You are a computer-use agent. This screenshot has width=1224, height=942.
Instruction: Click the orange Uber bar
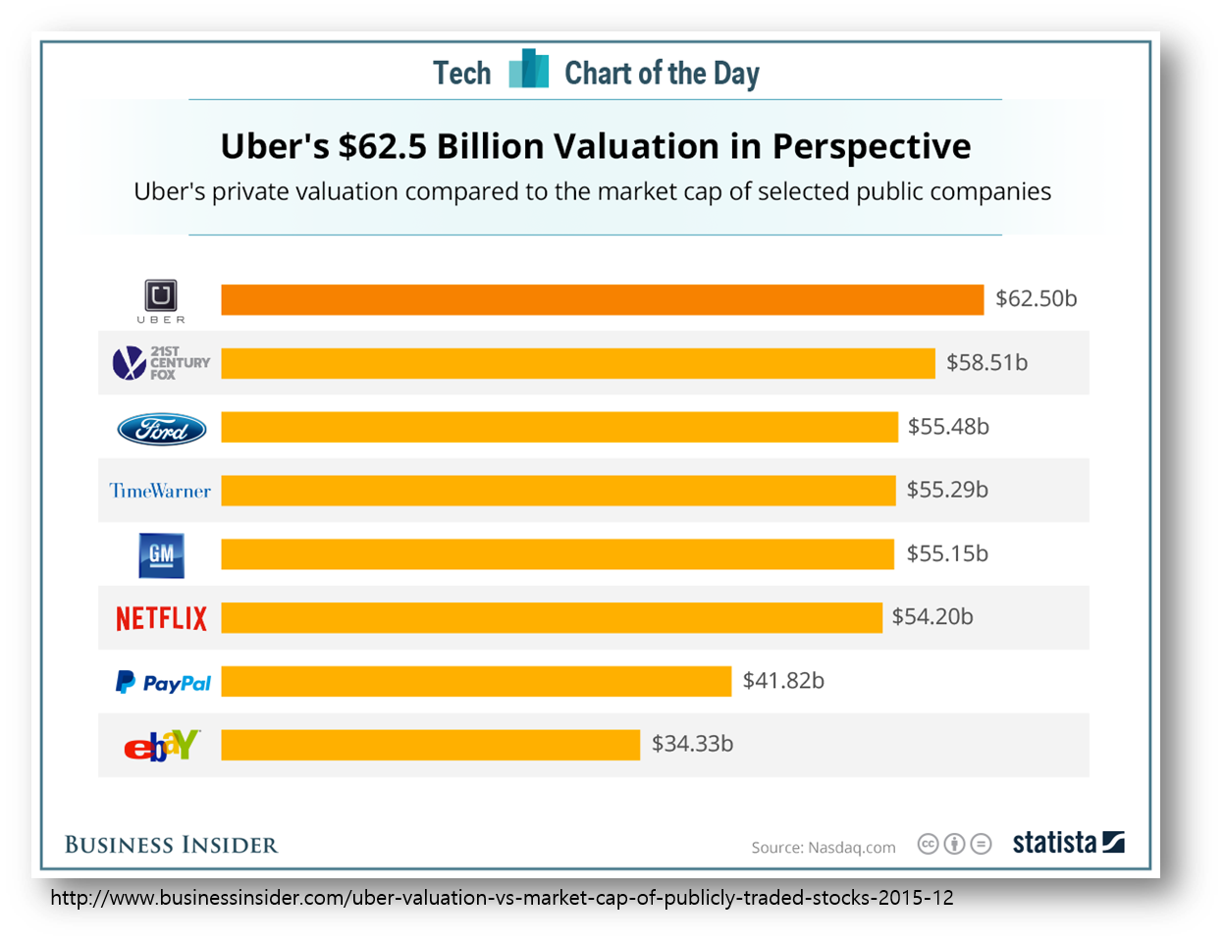click(x=602, y=299)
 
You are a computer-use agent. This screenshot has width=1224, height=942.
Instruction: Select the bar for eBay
click(x=430, y=745)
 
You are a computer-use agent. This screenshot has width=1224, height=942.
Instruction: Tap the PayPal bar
click(x=476, y=681)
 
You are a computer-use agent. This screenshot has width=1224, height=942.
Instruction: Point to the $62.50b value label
click(x=1036, y=298)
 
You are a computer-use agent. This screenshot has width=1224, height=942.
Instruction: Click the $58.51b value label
click(x=986, y=363)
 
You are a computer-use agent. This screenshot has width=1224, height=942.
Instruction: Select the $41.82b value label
click(x=783, y=681)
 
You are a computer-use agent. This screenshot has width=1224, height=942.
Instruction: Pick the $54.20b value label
click(x=932, y=617)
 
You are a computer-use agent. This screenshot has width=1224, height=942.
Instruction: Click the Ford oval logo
click(x=162, y=429)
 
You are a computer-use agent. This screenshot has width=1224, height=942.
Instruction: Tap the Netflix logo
click(x=162, y=618)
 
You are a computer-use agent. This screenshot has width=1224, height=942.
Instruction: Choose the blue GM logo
click(x=161, y=555)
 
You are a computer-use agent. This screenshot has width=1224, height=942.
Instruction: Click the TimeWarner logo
click(x=160, y=491)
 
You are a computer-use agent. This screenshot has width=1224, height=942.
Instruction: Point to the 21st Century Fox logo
click(x=161, y=363)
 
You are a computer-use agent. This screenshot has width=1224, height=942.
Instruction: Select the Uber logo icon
click(x=161, y=296)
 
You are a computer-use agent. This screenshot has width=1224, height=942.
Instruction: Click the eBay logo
click(x=162, y=746)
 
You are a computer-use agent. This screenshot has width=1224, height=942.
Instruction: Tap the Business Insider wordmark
click(x=171, y=845)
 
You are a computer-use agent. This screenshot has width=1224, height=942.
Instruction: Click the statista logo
click(x=1068, y=843)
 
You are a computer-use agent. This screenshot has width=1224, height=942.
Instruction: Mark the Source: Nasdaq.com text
click(x=824, y=848)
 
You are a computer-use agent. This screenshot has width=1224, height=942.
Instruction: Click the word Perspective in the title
click(x=871, y=147)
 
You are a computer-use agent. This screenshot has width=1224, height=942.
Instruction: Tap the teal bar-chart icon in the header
click(x=528, y=70)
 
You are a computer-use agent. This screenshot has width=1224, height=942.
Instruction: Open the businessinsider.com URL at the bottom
click(x=501, y=898)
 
